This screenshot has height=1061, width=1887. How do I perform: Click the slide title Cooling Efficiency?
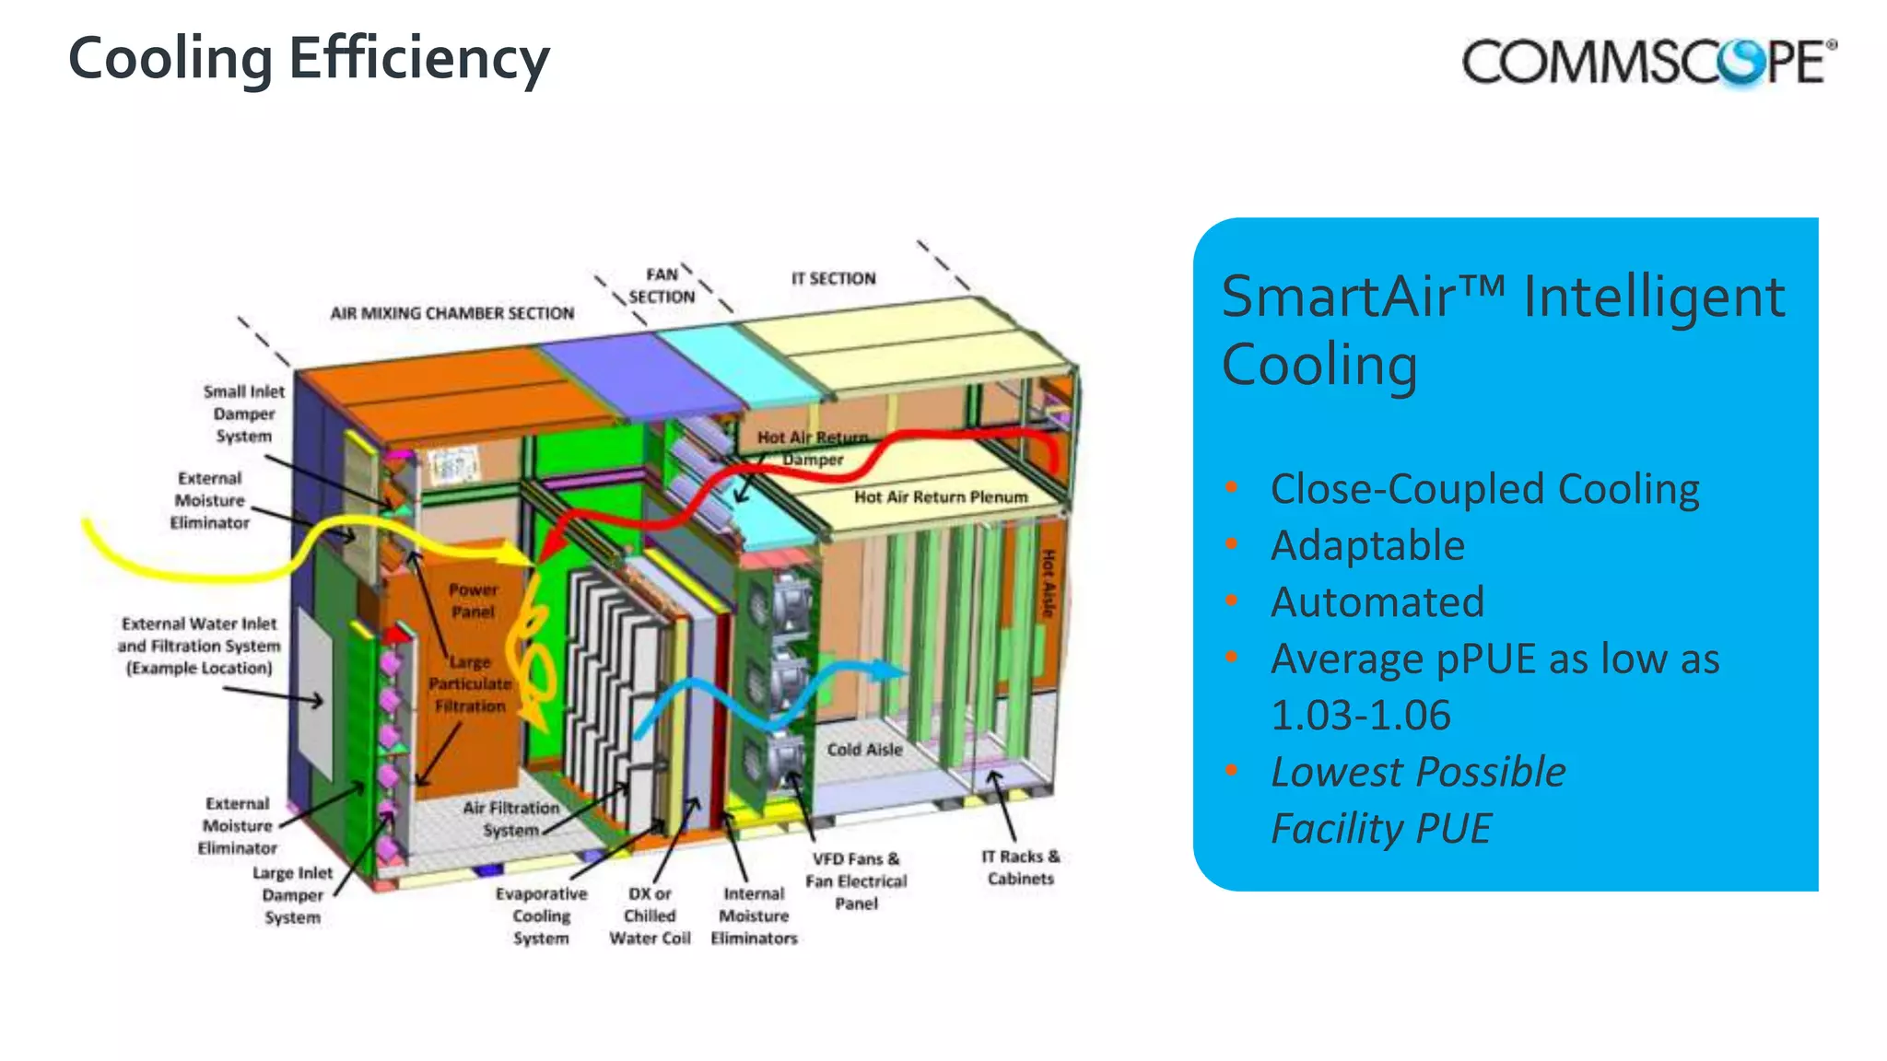coord(309,59)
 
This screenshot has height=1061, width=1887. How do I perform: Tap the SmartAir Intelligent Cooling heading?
coord(1502,331)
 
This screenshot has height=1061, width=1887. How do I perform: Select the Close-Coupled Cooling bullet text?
coord(1484,489)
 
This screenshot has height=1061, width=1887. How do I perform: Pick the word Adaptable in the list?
coord(1367,545)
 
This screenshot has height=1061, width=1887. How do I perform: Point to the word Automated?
coord(1377,602)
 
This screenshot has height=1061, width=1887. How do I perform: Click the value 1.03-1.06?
coord(1360,716)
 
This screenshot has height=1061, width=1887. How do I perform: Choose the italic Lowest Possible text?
coord(1418,772)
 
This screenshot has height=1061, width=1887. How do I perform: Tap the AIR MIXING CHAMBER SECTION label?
coord(451,313)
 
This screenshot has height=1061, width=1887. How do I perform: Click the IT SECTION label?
coord(833,278)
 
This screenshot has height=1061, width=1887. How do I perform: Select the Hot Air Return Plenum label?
coord(940,497)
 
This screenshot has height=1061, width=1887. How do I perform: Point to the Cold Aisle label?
coord(864,750)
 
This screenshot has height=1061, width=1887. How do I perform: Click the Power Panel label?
coord(473,600)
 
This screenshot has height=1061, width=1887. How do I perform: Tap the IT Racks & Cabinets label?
coord(1021,868)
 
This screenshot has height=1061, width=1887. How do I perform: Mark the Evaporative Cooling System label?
coord(541,915)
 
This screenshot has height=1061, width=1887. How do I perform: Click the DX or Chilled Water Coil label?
coord(650,915)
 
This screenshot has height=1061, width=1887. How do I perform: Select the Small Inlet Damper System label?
coord(244,414)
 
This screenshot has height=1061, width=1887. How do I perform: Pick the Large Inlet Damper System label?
coord(292,894)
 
